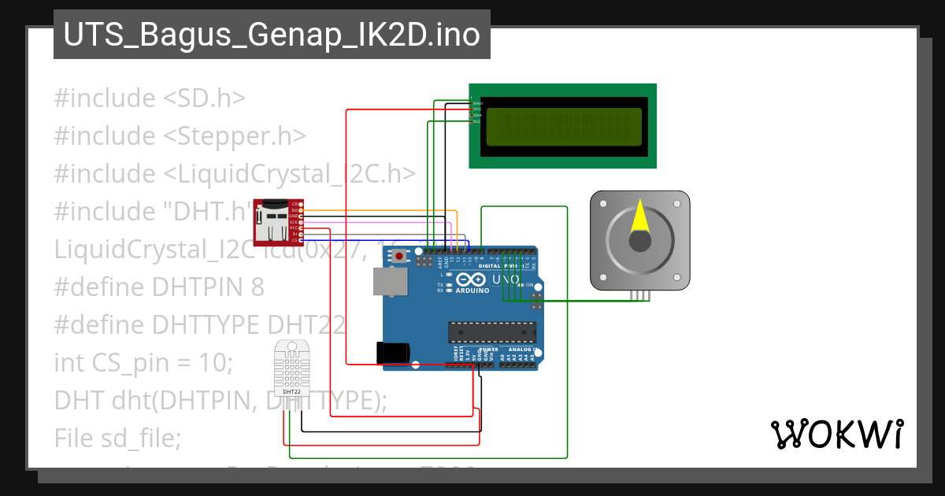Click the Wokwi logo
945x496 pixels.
[836, 434]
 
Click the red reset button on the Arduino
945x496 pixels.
[401, 256]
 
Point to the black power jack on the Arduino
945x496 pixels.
[391, 352]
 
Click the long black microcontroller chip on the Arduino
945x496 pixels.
[492, 333]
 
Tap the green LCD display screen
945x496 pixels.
[562, 126]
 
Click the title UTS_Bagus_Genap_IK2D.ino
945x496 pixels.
[272, 35]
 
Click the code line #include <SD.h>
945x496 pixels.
[150, 98]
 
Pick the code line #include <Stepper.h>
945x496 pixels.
[180, 136]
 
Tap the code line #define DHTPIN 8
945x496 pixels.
[159, 287]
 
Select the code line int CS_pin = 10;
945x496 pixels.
[143, 363]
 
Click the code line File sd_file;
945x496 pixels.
[117, 438]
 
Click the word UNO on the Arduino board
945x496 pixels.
[506, 279]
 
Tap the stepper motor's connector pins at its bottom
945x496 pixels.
[640, 295]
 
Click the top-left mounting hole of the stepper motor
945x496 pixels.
[603, 203]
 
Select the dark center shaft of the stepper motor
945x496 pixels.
[640, 240]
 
